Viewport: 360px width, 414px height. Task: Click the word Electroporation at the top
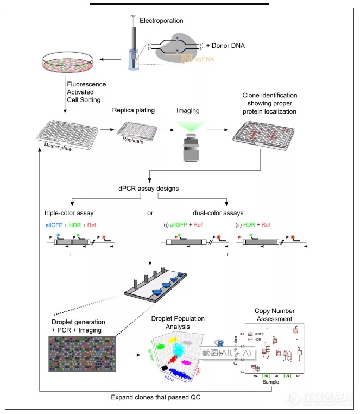tap(161, 21)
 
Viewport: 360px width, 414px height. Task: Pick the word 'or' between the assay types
tap(150, 212)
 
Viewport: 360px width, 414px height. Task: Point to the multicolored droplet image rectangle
tap(82, 354)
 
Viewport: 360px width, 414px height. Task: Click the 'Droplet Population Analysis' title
tap(171, 322)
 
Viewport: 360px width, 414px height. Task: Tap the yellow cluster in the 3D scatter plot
tap(176, 340)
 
